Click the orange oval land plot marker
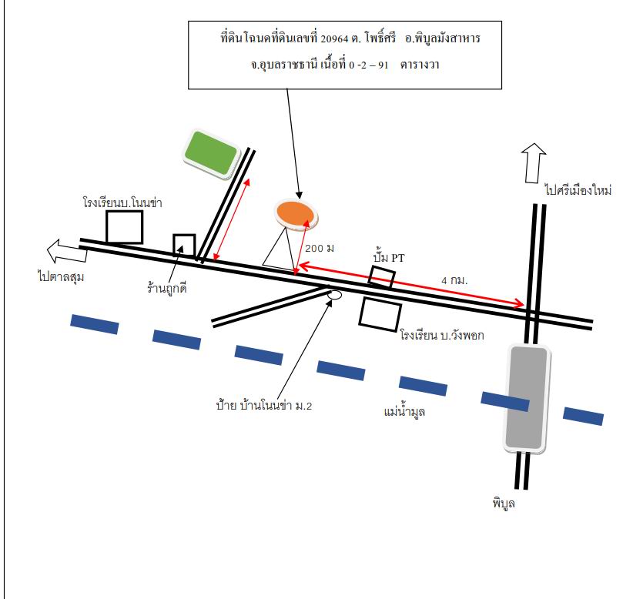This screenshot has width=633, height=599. [296, 214]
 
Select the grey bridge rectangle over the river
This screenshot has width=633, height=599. [527, 399]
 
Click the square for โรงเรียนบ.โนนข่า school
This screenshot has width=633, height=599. [124, 227]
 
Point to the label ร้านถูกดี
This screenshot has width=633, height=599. [167, 288]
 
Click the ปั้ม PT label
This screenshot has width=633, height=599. [389, 257]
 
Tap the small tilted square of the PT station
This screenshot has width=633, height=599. [381, 276]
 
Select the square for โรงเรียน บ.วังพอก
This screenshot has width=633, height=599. [380, 314]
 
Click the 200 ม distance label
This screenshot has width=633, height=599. [320, 248]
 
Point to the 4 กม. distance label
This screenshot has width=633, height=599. [454, 280]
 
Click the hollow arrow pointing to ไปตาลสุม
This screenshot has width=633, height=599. [67, 251]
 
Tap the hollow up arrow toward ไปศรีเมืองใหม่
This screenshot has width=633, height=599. [534, 163]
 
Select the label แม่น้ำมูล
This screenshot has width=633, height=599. [404, 412]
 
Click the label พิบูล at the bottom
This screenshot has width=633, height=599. [504, 503]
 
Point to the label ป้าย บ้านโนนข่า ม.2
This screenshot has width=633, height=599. [264, 405]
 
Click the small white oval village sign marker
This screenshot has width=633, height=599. [334, 295]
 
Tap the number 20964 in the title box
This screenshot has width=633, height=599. [334, 38]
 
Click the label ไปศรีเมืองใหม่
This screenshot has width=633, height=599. [578, 189]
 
